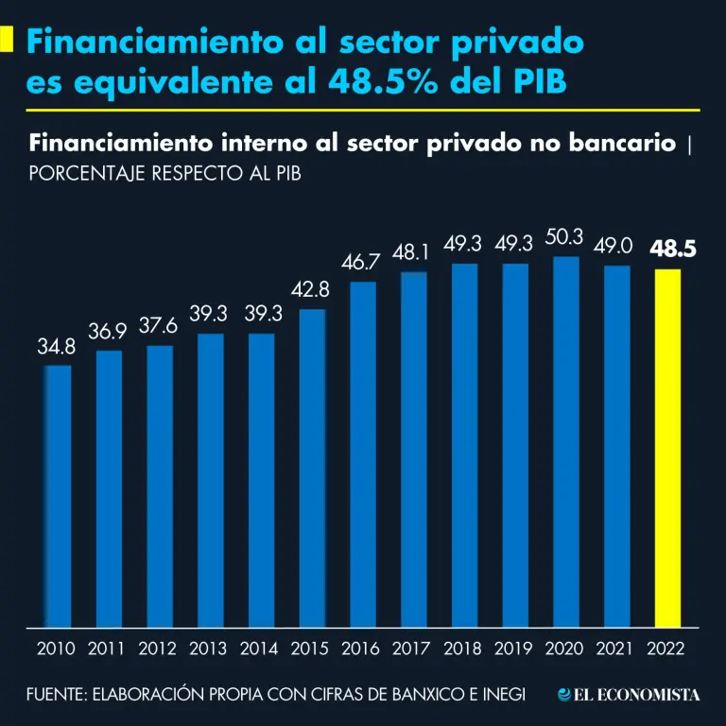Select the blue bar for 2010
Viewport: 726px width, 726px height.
point(58,495)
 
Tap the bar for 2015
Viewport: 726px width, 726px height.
point(312,467)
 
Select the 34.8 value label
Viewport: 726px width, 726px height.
point(57,347)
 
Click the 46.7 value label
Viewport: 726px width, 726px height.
point(361,262)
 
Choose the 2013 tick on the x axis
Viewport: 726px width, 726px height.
point(208,649)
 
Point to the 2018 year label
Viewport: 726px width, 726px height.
point(463,649)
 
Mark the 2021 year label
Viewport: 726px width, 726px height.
point(616,649)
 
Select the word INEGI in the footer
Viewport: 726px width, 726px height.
point(499,695)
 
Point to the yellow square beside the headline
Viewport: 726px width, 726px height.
point(7,40)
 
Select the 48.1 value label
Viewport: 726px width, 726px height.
point(412,253)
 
